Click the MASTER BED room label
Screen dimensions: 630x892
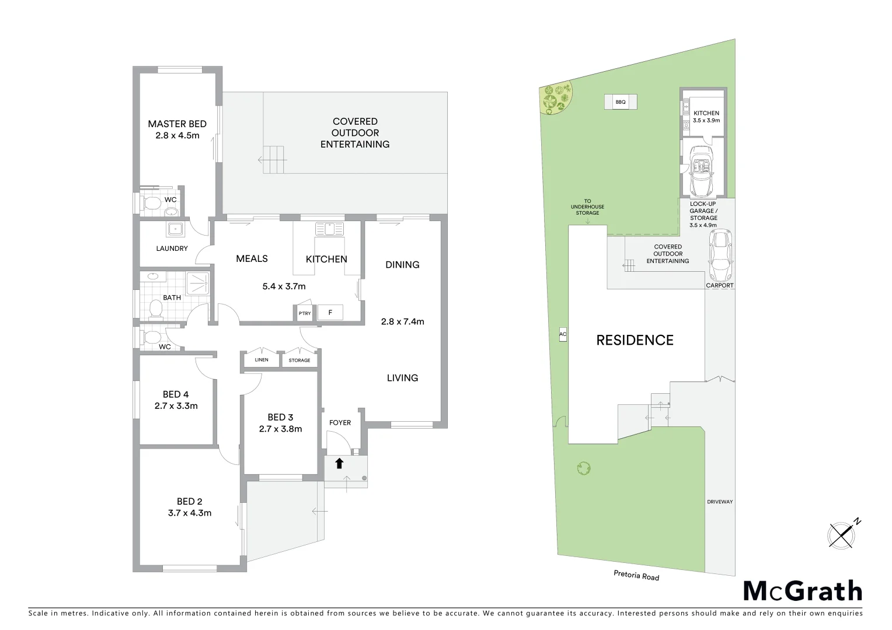pyautogui.click(x=177, y=124)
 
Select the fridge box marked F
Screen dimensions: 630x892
pyautogui.click(x=330, y=313)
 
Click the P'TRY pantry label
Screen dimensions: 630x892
pyautogui.click(x=304, y=314)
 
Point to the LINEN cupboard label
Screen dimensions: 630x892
pyautogui.click(x=262, y=360)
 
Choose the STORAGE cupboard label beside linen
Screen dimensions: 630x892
pyautogui.click(x=299, y=360)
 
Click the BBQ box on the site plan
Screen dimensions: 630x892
pyautogui.click(x=620, y=102)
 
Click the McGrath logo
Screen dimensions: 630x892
pyautogui.click(x=802, y=591)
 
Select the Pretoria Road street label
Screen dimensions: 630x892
pyautogui.click(x=636, y=576)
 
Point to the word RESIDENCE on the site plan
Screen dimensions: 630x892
pyautogui.click(x=635, y=340)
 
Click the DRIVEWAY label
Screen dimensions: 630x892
pyautogui.click(x=719, y=502)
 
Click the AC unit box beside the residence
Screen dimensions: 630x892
pyautogui.click(x=563, y=335)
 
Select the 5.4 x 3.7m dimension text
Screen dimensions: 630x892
pyautogui.click(x=284, y=286)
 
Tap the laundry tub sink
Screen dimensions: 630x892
pyautogui.click(x=175, y=229)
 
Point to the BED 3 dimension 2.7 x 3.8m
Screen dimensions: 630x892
pyautogui.click(x=280, y=429)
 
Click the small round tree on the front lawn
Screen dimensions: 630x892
pyautogui.click(x=583, y=468)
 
